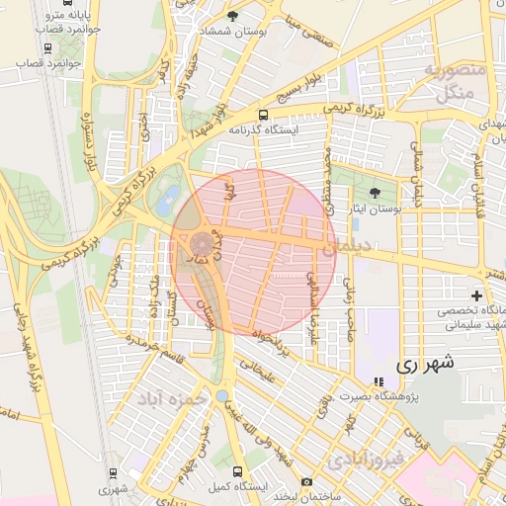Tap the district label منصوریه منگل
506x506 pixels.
454,81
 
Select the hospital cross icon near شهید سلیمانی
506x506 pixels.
477,295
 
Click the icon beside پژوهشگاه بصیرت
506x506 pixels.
378,381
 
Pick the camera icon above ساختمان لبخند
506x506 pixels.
306,481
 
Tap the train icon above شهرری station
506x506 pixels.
114,471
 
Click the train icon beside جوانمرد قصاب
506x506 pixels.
47,47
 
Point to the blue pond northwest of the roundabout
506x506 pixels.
172,197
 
